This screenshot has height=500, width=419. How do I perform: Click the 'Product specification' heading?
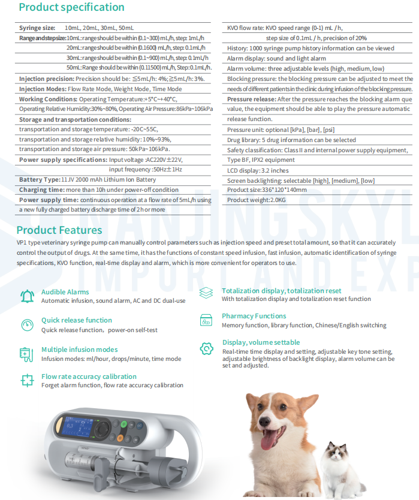pos(71,7)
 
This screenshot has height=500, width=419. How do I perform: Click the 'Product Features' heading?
pos(59,230)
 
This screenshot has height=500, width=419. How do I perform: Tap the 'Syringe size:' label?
pos(37,28)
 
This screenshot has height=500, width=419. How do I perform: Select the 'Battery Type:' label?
pos(40,179)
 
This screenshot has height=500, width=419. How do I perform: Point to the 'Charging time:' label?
pos(41,189)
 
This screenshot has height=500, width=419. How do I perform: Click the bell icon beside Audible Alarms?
pos(27,296)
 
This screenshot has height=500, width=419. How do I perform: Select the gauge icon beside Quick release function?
pos(27,325)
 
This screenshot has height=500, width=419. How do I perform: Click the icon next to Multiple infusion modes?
pos(26,354)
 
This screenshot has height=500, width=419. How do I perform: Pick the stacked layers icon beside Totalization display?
pos(206,293)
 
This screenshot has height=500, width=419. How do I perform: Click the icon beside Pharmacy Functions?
pos(206,320)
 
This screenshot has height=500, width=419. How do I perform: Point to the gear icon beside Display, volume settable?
pos(206,348)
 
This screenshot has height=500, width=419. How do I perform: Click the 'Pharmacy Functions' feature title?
pos(254,316)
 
